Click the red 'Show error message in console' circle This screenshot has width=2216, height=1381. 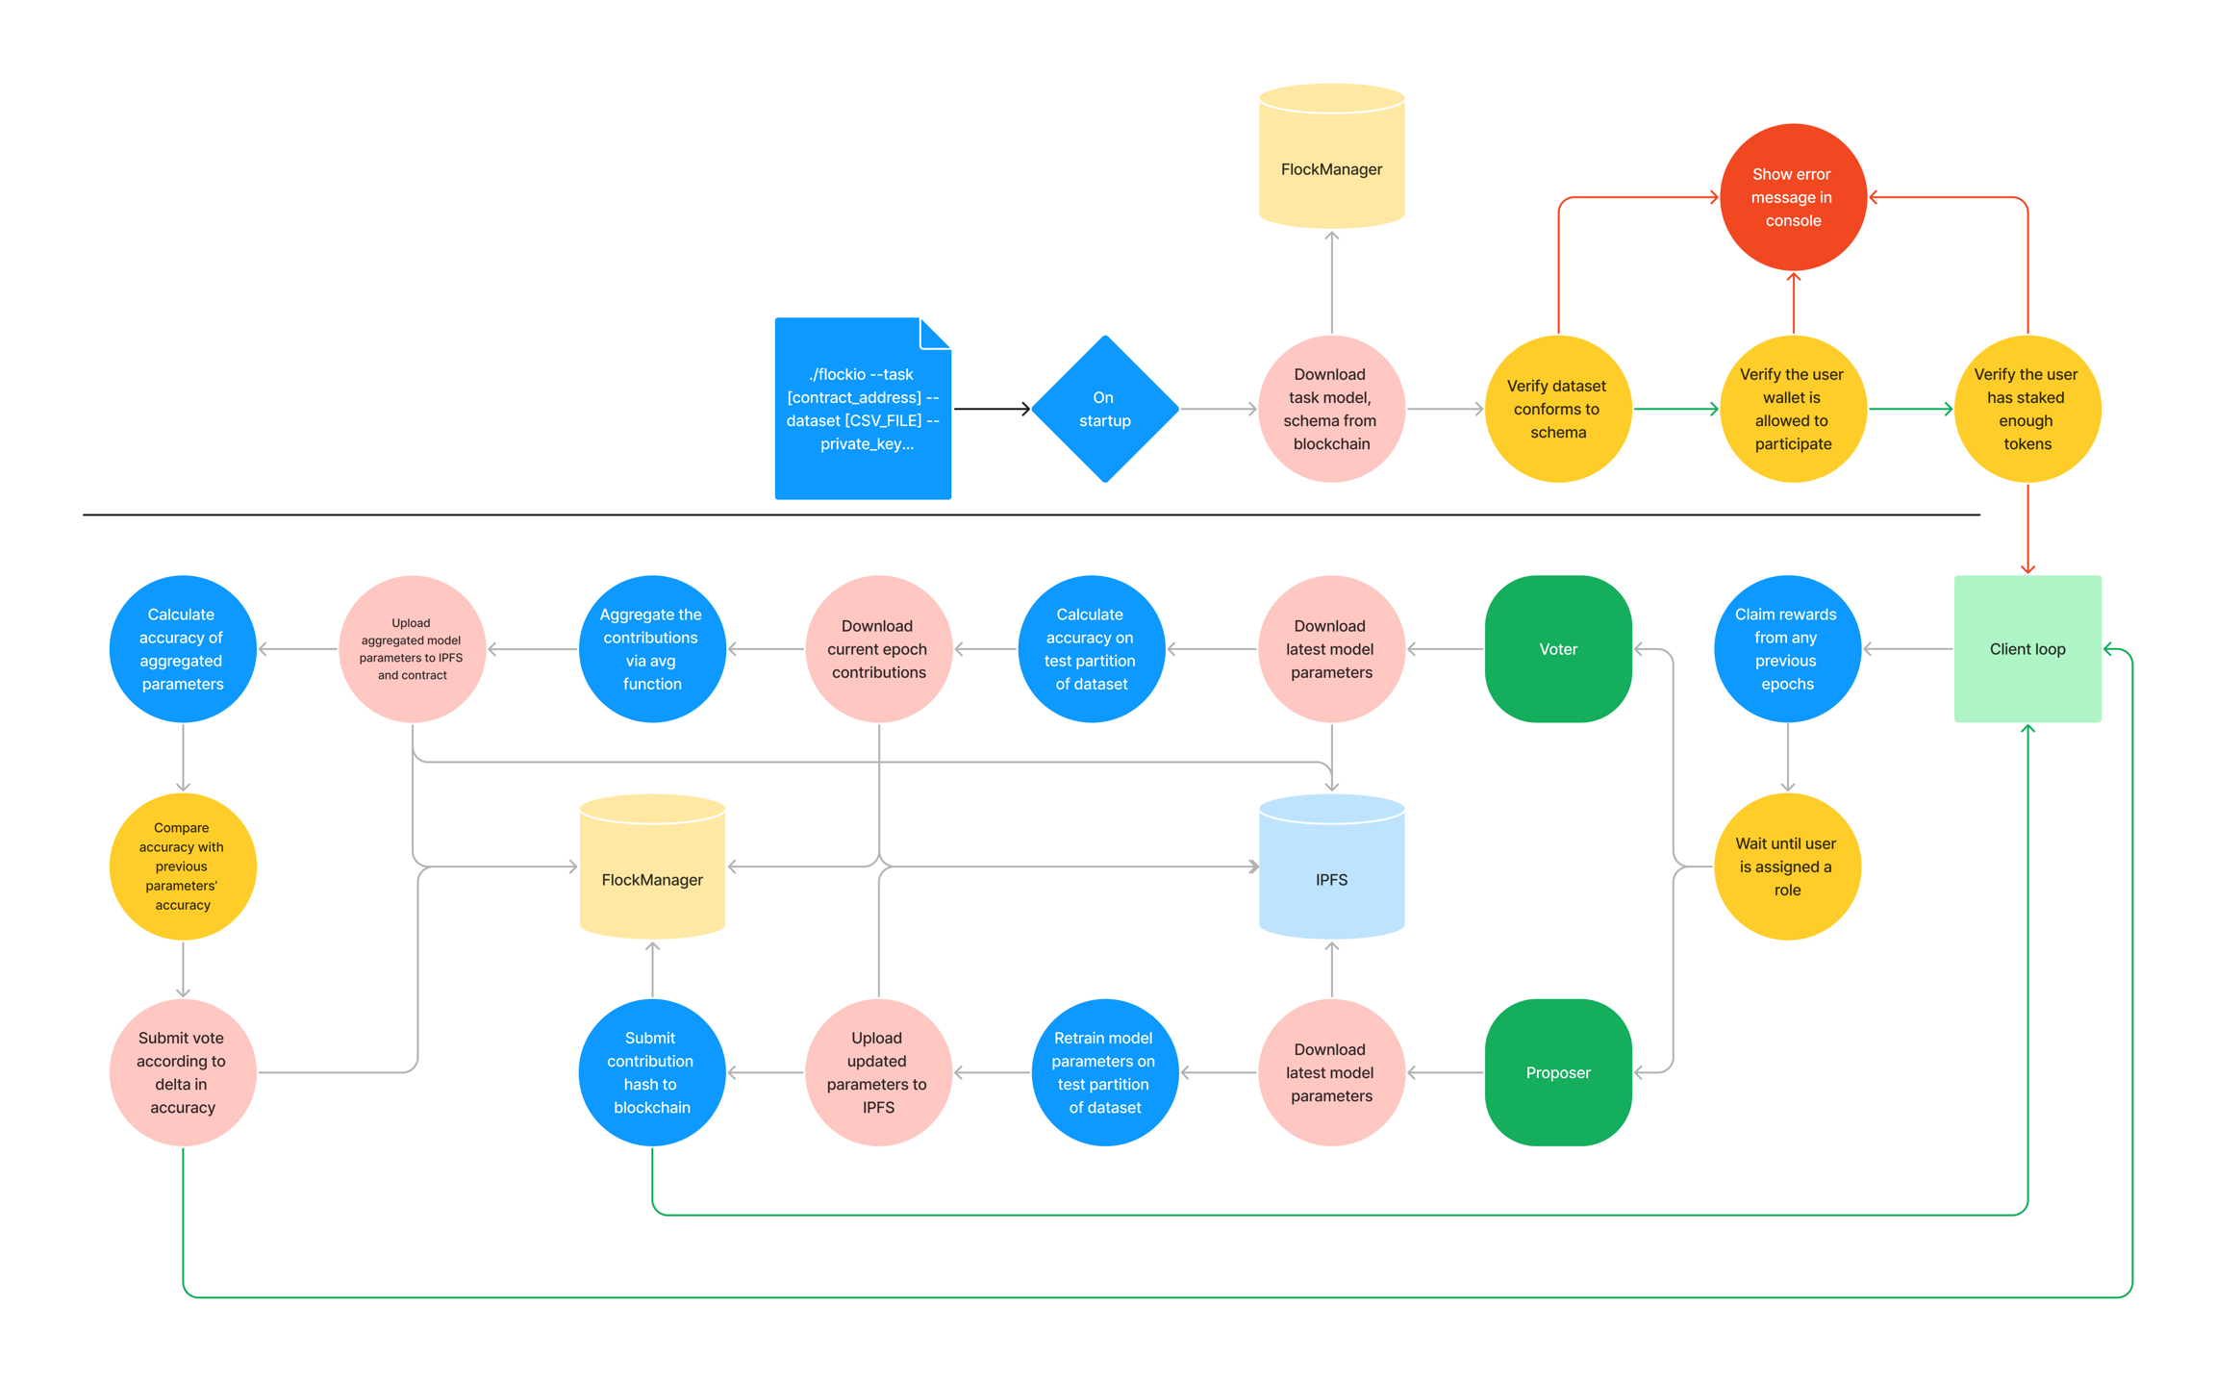(1792, 197)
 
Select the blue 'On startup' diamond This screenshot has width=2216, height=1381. (1104, 409)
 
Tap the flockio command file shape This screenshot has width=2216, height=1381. (863, 409)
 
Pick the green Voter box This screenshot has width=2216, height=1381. (1557, 649)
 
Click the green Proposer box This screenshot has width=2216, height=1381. (1557, 1072)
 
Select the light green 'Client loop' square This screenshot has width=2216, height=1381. (2027, 649)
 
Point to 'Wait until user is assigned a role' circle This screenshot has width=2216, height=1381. (1786, 866)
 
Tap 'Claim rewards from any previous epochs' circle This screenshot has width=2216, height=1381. (1786, 649)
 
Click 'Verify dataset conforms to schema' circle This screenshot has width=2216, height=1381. (1557, 409)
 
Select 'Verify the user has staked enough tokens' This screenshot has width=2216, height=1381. (2027, 409)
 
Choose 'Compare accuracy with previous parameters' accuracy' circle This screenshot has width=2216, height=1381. (183, 866)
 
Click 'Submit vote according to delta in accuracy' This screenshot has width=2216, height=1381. (183, 1072)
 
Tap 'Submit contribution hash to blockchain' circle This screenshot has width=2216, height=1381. (651, 1072)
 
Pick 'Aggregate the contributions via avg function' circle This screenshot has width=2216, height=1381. (651, 649)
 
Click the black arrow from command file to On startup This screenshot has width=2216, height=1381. (991, 409)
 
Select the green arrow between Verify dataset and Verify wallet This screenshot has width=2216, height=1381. (1675, 409)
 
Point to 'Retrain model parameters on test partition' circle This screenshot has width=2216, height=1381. (1104, 1072)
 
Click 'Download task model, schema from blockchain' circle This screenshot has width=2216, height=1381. (1331, 409)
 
